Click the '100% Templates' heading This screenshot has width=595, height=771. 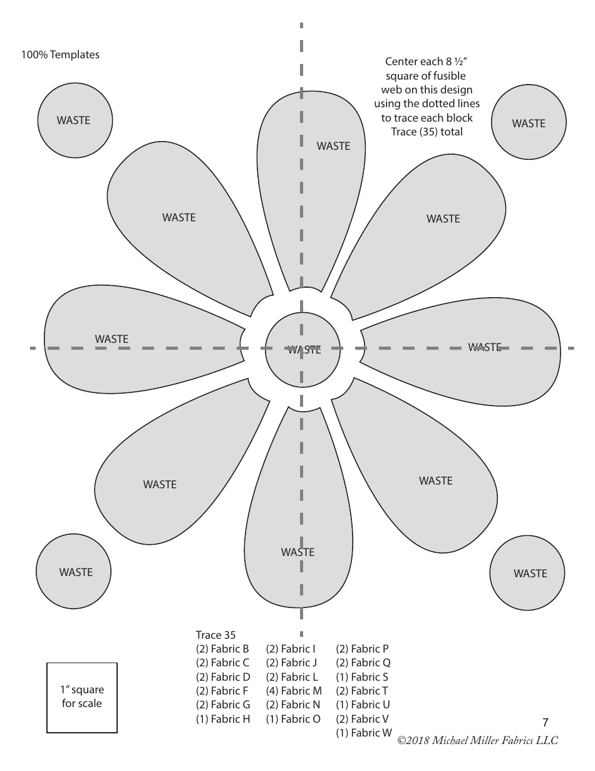pos(60,55)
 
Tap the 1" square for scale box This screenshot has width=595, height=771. pos(81,697)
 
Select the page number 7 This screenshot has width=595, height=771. pos(546,722)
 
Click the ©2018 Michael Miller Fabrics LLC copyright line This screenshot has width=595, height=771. pos(477,740)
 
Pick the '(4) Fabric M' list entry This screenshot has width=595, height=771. pos(294,691)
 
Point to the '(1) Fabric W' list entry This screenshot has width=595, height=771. pos(364,733)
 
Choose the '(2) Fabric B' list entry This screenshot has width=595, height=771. pos(222,649)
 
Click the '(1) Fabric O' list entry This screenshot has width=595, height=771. pos(293,719)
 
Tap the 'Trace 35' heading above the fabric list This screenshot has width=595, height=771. pos(215,635)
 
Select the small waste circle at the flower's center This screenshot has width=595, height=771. pos(303,349)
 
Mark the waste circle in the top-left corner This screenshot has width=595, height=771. pos(75,120)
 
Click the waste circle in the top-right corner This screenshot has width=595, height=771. pos(529,123)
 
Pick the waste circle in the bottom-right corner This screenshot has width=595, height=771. pos(527,573)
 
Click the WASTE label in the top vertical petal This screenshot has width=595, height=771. pos(333,146)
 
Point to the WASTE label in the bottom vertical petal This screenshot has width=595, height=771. pos(297,552)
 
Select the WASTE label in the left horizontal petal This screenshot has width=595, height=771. pos(111,339)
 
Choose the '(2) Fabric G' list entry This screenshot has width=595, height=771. pos(223,705)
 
